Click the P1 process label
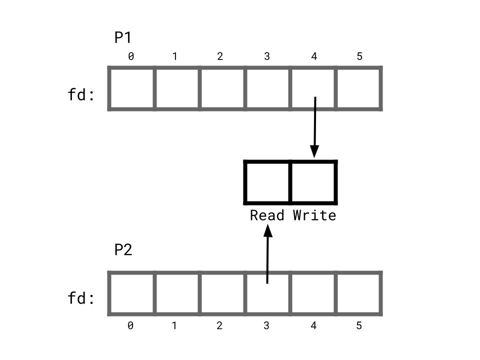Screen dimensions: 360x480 point(123,38)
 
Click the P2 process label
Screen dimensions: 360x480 point(123,249)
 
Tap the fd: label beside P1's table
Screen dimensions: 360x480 point(81,94)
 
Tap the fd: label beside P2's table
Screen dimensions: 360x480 point(81,298)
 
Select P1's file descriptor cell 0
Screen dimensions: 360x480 point(131,88)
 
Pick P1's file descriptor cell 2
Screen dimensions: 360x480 point(222,88)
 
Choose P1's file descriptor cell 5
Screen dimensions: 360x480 point(359,88)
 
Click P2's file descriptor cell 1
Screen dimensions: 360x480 point(176,293)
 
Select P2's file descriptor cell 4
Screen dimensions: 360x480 point(313,293)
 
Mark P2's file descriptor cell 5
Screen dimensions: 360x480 point(359,293)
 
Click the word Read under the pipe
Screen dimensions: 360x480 point(267,215)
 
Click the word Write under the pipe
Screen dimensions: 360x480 point(314,215)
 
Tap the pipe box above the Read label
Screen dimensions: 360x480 point(267,182)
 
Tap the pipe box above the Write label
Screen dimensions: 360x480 point(313,182)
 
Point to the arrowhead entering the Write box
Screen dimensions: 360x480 point(314,151)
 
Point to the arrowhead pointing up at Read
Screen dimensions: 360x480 point(268,230)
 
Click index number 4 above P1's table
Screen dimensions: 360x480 point(314,56)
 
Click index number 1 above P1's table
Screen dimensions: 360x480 point(174,56)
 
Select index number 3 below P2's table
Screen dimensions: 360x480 point(266,326)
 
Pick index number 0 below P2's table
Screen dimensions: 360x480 point(130,326)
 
